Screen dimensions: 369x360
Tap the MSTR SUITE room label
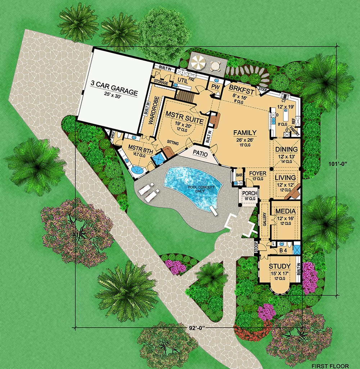(182, 114)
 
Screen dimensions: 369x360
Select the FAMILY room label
(245, 132)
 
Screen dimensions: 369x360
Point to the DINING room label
(287, 149)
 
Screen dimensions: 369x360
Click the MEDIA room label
(285, 211)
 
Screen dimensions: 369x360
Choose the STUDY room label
(280, 266)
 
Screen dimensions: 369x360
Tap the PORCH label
(250, 193)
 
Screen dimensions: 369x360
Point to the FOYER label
(257, 174)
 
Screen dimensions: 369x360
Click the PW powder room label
(216, 87)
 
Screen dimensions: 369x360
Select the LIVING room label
(285, 177)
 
